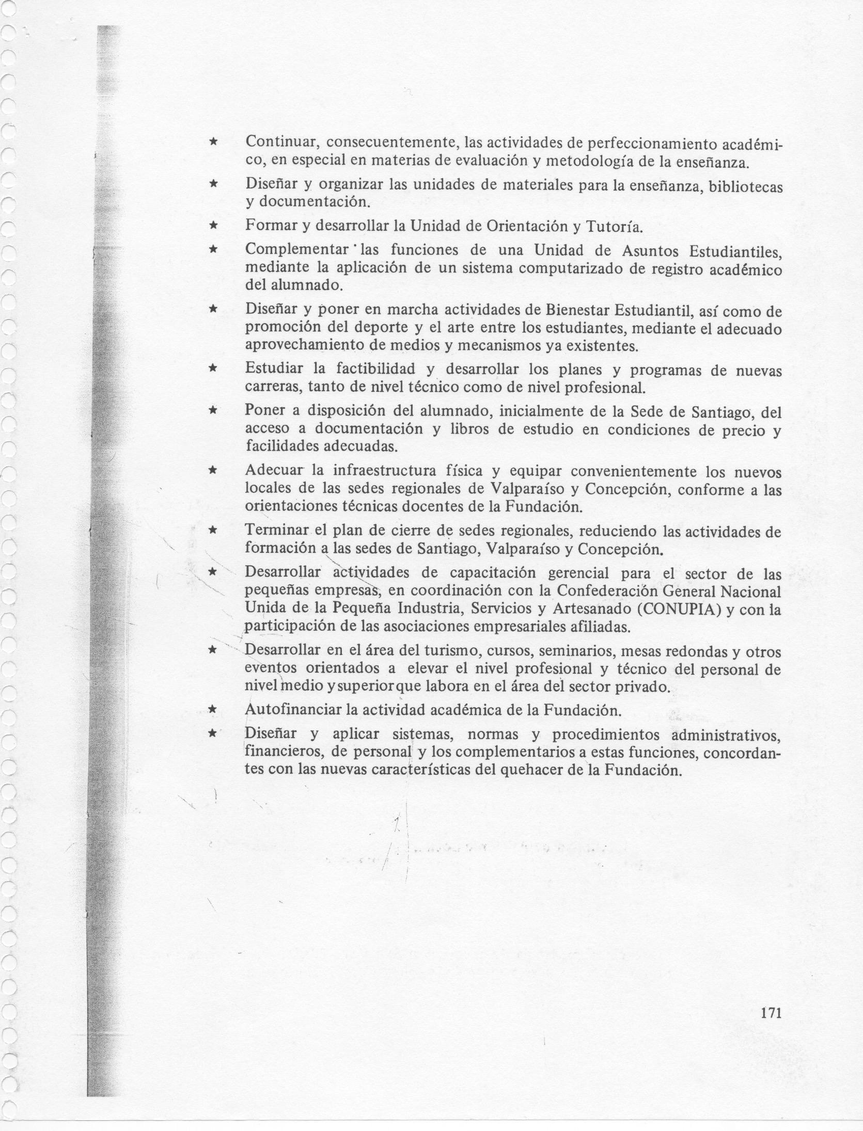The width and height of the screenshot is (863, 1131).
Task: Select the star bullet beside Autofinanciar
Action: pyautogui.click(x=211, y=710)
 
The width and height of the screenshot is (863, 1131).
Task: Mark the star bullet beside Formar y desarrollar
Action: pyautogui.click(x=211, y=226)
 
